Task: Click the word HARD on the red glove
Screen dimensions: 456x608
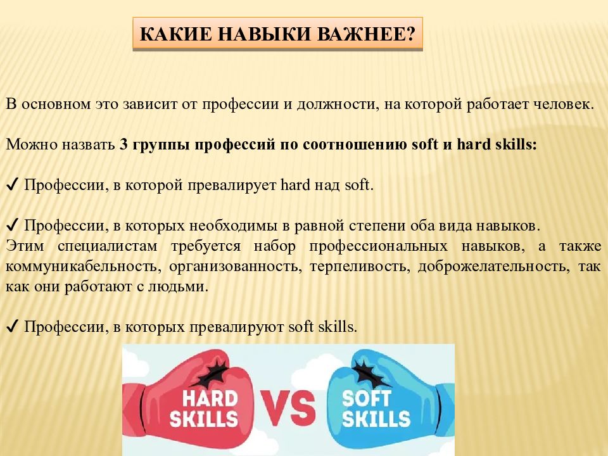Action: point(210,398)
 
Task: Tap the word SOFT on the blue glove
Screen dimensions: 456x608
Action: point(367,398)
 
